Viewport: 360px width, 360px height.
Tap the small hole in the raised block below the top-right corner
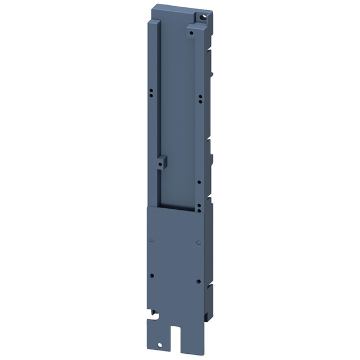191,33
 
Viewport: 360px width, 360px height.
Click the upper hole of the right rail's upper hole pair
200,96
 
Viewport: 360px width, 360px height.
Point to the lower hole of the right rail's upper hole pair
200,102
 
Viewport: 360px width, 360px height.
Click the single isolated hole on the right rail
199,182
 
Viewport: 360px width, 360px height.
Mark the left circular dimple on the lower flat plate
151,240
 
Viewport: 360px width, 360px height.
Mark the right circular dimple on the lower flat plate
198,242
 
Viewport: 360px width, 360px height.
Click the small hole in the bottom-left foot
159,344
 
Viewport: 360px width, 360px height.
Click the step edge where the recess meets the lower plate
174,208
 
